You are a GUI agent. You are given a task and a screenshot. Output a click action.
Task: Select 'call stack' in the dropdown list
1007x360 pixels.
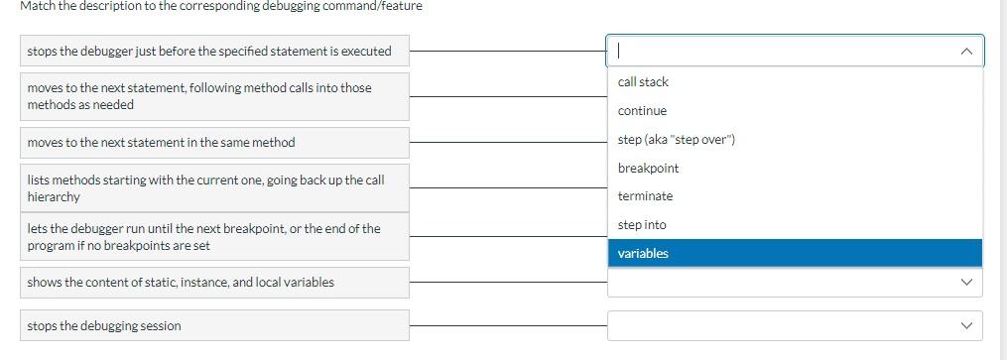(643, 82)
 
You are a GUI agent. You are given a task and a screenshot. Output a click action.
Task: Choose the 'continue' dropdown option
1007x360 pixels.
(642, 111)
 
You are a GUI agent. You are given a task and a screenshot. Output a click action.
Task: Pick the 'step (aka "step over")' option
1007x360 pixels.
(676, 140)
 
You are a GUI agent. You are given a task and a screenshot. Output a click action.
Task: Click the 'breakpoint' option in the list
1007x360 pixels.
(648, 169)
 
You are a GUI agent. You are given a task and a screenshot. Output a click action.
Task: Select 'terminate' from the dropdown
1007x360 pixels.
(645, 196)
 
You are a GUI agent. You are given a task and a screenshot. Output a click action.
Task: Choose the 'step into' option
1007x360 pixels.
(642, 225)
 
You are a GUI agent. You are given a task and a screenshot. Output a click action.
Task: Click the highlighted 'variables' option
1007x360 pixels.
(643, 254)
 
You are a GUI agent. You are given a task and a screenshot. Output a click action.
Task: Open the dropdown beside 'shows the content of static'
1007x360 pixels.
(794, 283)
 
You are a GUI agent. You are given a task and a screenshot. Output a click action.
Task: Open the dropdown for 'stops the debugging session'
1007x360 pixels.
(794, 325)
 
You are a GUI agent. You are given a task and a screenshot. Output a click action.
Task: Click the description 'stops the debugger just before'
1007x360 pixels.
(209, 52)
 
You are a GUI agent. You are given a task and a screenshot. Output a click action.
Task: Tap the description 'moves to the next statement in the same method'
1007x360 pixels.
(162, 143)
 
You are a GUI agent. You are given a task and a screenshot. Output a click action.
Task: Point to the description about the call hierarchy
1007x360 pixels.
(205, 188)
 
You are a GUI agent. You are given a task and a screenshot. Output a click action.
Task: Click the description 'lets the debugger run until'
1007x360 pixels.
(203, 237)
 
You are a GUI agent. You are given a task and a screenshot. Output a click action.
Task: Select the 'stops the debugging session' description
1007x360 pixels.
(104, 326)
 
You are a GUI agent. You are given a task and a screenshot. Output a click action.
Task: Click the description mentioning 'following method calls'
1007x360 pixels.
(199, 96)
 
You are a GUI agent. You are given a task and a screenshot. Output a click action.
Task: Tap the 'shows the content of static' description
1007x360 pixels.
(181, 283)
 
